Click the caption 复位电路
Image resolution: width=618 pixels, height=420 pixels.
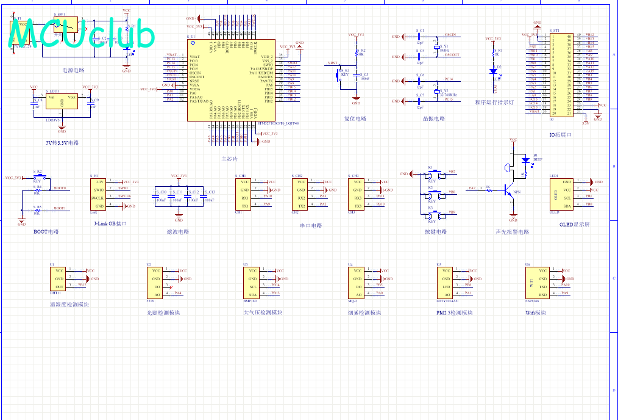click(355, 118)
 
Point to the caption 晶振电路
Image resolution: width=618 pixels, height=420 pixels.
click(434, 118)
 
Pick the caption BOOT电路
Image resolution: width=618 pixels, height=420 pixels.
click(46, 232)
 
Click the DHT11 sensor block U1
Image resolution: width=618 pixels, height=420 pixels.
click(59, 278)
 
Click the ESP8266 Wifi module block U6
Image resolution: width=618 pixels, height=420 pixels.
click(536, 283)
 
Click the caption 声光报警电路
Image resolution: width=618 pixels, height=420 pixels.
click(513, 232)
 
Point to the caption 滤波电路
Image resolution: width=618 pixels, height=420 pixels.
click(177, 232)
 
